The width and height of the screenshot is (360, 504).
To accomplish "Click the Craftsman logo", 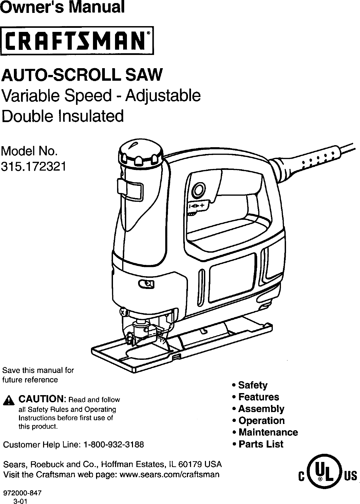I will [77, 40].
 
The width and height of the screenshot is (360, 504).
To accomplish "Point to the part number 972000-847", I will [21, 494].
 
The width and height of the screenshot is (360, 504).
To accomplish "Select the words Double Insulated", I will [63, 116].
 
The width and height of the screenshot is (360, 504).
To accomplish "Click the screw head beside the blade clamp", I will [123, 311].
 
